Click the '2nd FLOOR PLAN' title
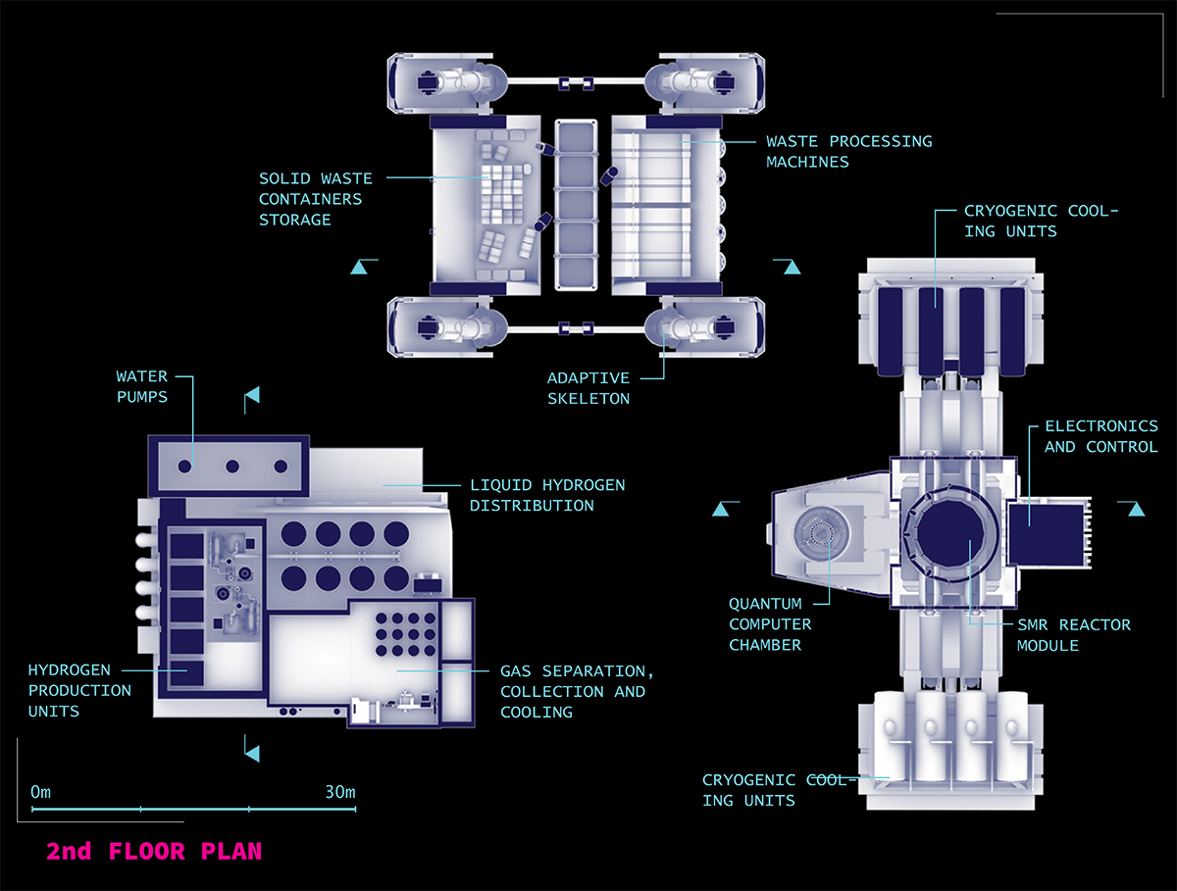[154, 851]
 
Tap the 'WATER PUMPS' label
[142, 386]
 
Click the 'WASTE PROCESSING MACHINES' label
[848, 151]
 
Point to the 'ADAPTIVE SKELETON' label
[588, 388]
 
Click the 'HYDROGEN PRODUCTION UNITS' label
[79, 690]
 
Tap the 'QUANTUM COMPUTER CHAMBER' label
[770, 624]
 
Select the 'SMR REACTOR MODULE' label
[1073, 635]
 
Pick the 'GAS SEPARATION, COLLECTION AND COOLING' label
[576, 691]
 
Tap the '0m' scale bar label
[40, 792]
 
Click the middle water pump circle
[232, 467]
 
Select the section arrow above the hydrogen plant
[252, 395]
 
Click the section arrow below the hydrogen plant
[252, 753]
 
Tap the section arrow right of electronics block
[1136, 509]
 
